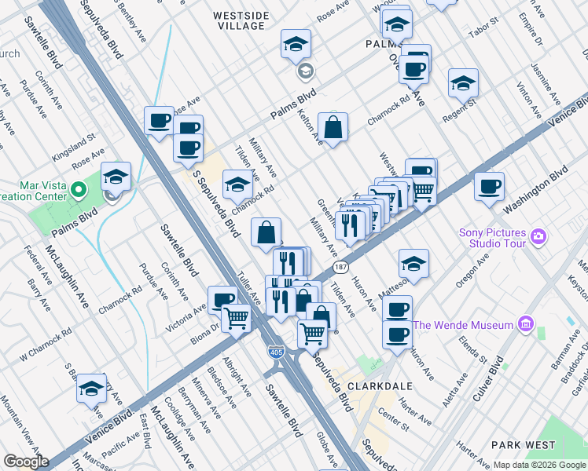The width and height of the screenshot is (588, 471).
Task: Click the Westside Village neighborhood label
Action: click(x=240, y=20)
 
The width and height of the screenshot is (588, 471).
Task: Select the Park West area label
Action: click(x=523, y=445)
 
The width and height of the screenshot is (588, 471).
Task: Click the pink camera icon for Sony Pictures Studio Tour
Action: click(x=538, y=235)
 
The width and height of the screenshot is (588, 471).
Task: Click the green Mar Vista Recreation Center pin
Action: click(x=78, y=190)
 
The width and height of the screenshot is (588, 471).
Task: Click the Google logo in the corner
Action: click(x=25, y=462)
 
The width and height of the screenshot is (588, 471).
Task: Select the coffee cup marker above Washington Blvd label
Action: click(x=490, y=187)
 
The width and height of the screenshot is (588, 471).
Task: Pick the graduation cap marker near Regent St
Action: click(x=463, y=83)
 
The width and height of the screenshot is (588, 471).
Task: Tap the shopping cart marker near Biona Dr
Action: click(x=237, y=319)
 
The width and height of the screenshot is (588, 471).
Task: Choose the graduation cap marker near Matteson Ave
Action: click(x=413, y=264)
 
